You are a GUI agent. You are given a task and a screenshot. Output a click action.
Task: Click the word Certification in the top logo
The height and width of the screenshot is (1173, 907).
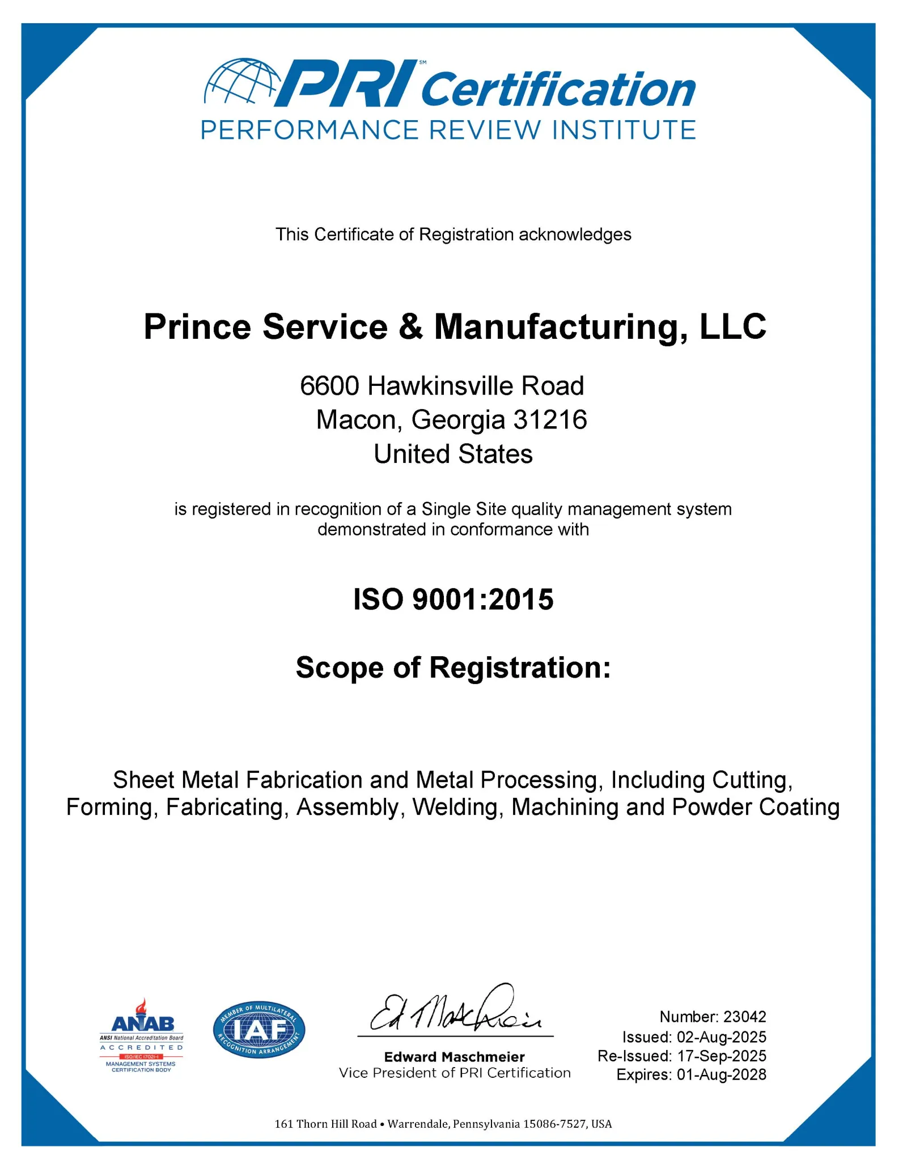click(558, 90)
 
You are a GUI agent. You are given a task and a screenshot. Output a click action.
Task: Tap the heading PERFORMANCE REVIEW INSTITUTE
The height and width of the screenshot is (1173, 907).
click(448, 130)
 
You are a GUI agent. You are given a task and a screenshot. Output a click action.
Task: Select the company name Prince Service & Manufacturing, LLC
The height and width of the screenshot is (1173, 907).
click(455, 327)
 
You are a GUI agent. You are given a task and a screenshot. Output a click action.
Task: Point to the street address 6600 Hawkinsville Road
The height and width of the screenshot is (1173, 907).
click(442, 386)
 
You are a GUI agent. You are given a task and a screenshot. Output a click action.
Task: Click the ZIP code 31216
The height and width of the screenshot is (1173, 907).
click(550, 420)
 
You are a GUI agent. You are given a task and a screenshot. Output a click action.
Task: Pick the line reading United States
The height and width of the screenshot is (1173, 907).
click(453, 454)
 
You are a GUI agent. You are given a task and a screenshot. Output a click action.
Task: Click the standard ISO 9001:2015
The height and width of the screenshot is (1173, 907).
click(453, 600)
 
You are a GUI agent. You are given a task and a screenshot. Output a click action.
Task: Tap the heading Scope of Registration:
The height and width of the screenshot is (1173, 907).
click(453, 667)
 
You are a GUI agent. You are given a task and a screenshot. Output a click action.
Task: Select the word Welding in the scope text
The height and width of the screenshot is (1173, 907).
click(457, 807)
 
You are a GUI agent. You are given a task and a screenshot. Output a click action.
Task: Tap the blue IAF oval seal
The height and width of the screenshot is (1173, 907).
click(259, 1030)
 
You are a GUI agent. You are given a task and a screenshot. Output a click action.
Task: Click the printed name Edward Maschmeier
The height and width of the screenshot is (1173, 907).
click(454, 1057)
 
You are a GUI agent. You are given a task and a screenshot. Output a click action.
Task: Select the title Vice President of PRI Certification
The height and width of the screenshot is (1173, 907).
click(454, 1073)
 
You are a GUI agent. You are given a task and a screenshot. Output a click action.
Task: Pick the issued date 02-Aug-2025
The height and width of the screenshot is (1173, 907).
click(722, 1037)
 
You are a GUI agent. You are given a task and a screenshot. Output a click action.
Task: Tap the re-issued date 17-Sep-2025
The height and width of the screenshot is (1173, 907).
click(722, 1056)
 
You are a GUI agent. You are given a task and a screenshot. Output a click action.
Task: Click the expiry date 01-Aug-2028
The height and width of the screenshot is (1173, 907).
click(722, 1074)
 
